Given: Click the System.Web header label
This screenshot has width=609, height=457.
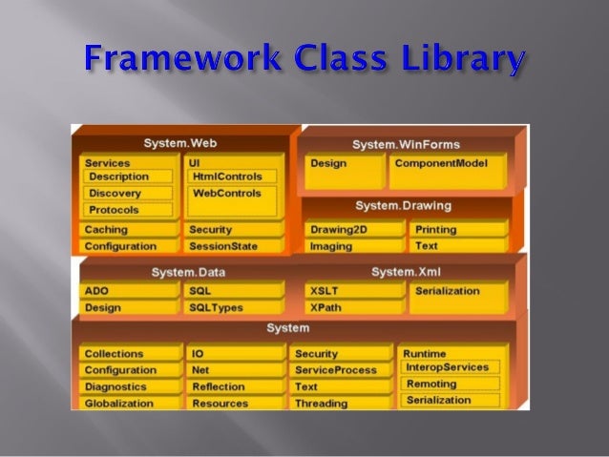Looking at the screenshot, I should click(178, 143).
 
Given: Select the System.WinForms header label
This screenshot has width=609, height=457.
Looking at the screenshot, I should click(405, 144).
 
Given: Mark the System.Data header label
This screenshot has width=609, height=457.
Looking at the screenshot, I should click(187, 273).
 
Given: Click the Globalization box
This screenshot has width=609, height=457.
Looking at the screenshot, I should click(129, 404).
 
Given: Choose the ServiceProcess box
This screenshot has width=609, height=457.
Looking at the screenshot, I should click(339, 370).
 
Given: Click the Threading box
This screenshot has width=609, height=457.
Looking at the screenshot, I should click(339, 404).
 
